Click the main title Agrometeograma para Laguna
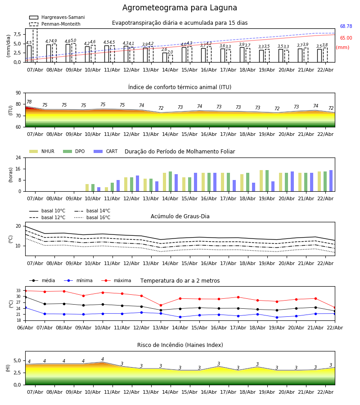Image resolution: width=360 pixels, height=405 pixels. [180, 8]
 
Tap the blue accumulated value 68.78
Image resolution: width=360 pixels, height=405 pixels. [346, 27]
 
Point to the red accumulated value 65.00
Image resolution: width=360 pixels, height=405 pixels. [346, 38]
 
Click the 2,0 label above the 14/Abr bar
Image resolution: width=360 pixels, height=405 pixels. [170, 52]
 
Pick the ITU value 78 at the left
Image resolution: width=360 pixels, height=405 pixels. [29, 102]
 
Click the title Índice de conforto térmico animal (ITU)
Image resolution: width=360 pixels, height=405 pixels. [180, 87]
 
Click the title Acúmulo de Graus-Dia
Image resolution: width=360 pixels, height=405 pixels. [180, 216]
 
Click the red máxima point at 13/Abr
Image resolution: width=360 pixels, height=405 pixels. [161, 305]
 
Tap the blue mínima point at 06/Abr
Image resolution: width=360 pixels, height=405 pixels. [25, 307]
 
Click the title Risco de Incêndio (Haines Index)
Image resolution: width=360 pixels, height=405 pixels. [180, 345]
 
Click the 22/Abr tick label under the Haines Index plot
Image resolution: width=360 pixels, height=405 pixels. [325, 392]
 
